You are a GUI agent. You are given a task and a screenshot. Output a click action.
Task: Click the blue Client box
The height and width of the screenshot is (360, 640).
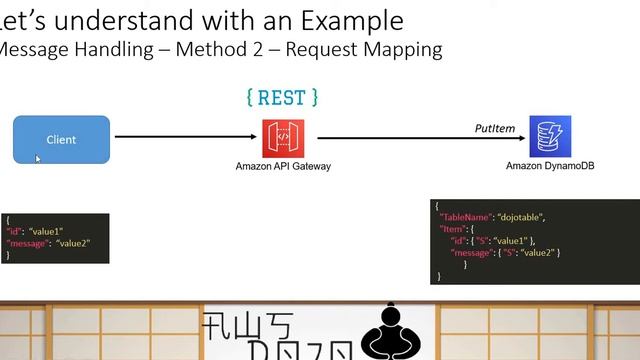tap(61, 139)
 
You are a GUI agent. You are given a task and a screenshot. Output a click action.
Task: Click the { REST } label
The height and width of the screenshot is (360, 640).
tap(282, 97)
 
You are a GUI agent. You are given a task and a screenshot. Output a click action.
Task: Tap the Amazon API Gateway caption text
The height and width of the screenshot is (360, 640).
tap(283, 166)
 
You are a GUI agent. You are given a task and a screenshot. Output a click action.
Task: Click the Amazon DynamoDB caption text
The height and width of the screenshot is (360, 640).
tap(550, 166)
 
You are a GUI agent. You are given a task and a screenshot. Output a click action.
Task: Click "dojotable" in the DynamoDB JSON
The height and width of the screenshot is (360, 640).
tap(523, 217)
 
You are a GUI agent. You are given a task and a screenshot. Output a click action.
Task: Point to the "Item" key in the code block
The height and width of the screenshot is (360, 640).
tap(455, 229)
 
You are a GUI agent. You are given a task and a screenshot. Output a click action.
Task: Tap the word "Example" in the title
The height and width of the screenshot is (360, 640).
tap(351, 20)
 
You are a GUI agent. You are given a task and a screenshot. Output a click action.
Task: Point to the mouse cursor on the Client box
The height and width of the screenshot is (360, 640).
tap(38, 158)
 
